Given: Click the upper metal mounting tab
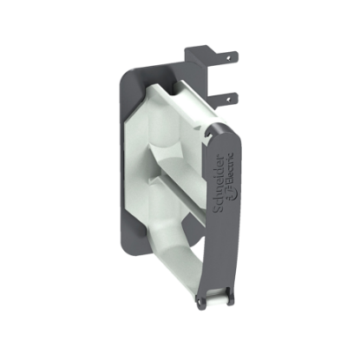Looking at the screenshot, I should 222,60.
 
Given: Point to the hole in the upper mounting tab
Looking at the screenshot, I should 230,57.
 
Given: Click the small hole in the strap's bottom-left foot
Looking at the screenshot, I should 202,300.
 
